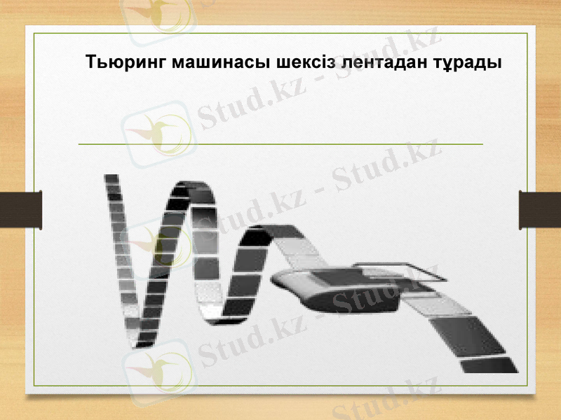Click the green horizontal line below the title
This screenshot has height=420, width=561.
coord(280,143)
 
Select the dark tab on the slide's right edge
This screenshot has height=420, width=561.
coord(539,209)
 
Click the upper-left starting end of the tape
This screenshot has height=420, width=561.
coord(111,179)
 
